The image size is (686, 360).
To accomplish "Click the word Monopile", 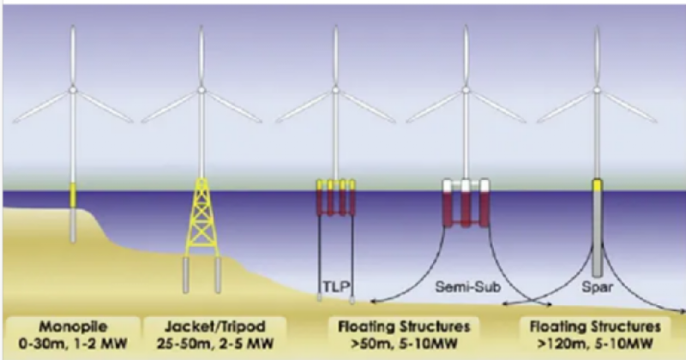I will [72, 327].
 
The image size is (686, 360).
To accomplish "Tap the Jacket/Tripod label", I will [203, 327].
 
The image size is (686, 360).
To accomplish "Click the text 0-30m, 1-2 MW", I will [72, 344].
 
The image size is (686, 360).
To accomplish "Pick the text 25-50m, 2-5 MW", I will [203, 344].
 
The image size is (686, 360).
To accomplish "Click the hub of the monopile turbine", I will [73, 88].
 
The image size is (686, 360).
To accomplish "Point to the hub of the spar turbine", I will [595, 88].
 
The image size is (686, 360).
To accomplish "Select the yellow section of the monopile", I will [73, 196].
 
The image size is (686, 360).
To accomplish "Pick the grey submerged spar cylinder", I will [595, 231].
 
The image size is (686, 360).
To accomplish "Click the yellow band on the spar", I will [595, 184].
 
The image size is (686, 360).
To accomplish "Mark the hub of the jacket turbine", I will [202, 88].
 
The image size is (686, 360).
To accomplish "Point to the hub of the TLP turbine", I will [333, 88].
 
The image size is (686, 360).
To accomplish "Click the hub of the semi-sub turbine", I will [464, 88].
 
